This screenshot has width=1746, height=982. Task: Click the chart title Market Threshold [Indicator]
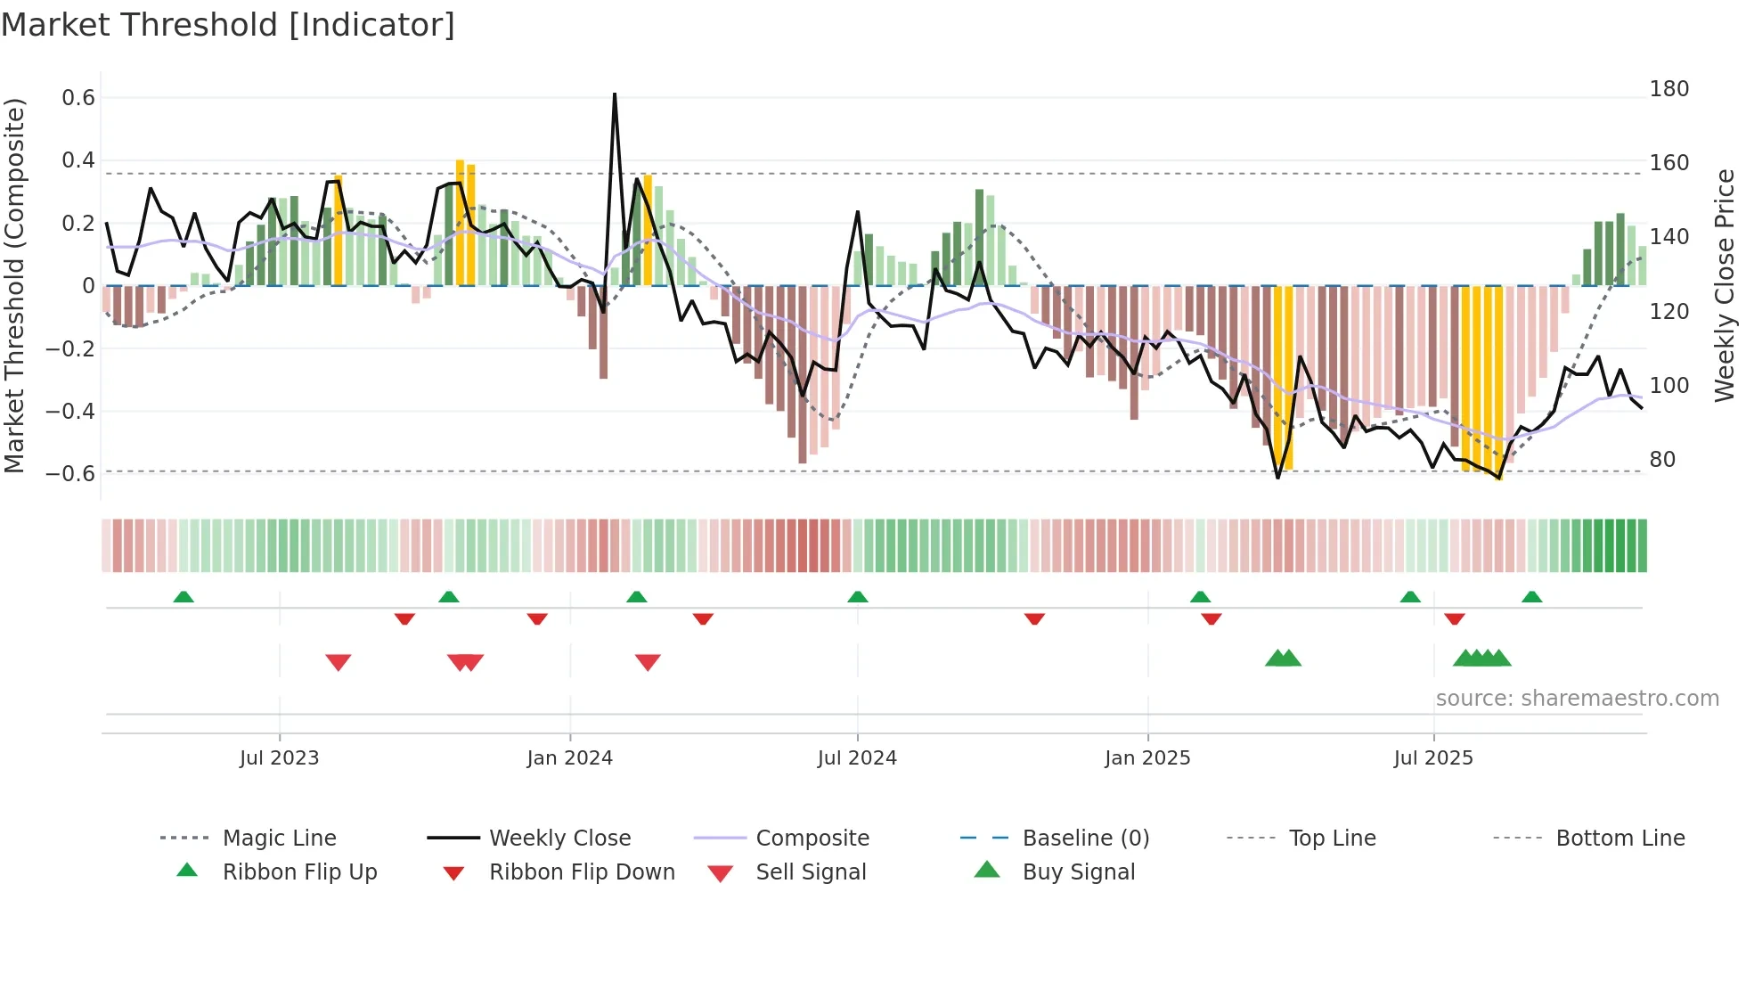pyautogui.click(x=228, y=25)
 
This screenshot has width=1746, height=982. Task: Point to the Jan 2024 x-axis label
pyautogui.click(x=569, y=757)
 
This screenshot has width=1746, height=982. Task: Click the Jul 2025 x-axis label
pyautogui.click(x=1432, y=757)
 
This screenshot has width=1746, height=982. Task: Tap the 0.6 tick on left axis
pyautogui.click(x=78, y=98)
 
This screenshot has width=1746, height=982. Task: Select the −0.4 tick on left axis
pyautogui.click(x=70, y=411)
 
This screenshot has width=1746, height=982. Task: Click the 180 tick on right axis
pyautogui.click(x=1668, y=89)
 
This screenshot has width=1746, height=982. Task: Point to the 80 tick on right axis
pyautogui.click(x=1662, y=460)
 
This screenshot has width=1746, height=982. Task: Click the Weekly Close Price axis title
pyautogui.click(x=1725, y=285)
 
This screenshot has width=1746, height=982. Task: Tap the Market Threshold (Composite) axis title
pyautogui.click(x=14, y=285)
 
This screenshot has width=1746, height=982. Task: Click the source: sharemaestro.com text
pyautogui.click(x=1577, y=699)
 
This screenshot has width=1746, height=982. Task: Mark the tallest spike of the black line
pyautogui.click(x=615, y=94)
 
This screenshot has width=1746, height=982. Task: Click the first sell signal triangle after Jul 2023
pyautogui.click(x=339, y=662)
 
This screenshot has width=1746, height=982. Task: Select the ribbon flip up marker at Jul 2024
pyautogui.click(x=857, y=597)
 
